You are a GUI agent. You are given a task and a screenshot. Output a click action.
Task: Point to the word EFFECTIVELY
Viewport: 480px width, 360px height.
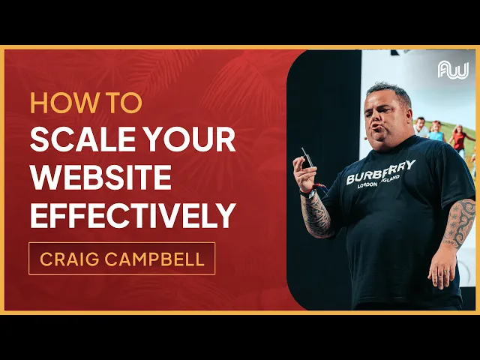133,216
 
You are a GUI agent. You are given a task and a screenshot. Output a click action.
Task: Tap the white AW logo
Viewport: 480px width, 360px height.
452,71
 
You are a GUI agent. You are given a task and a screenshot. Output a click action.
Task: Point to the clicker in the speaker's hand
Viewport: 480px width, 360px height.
306,158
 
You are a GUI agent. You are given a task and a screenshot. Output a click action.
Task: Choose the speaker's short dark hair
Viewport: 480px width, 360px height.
390,90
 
